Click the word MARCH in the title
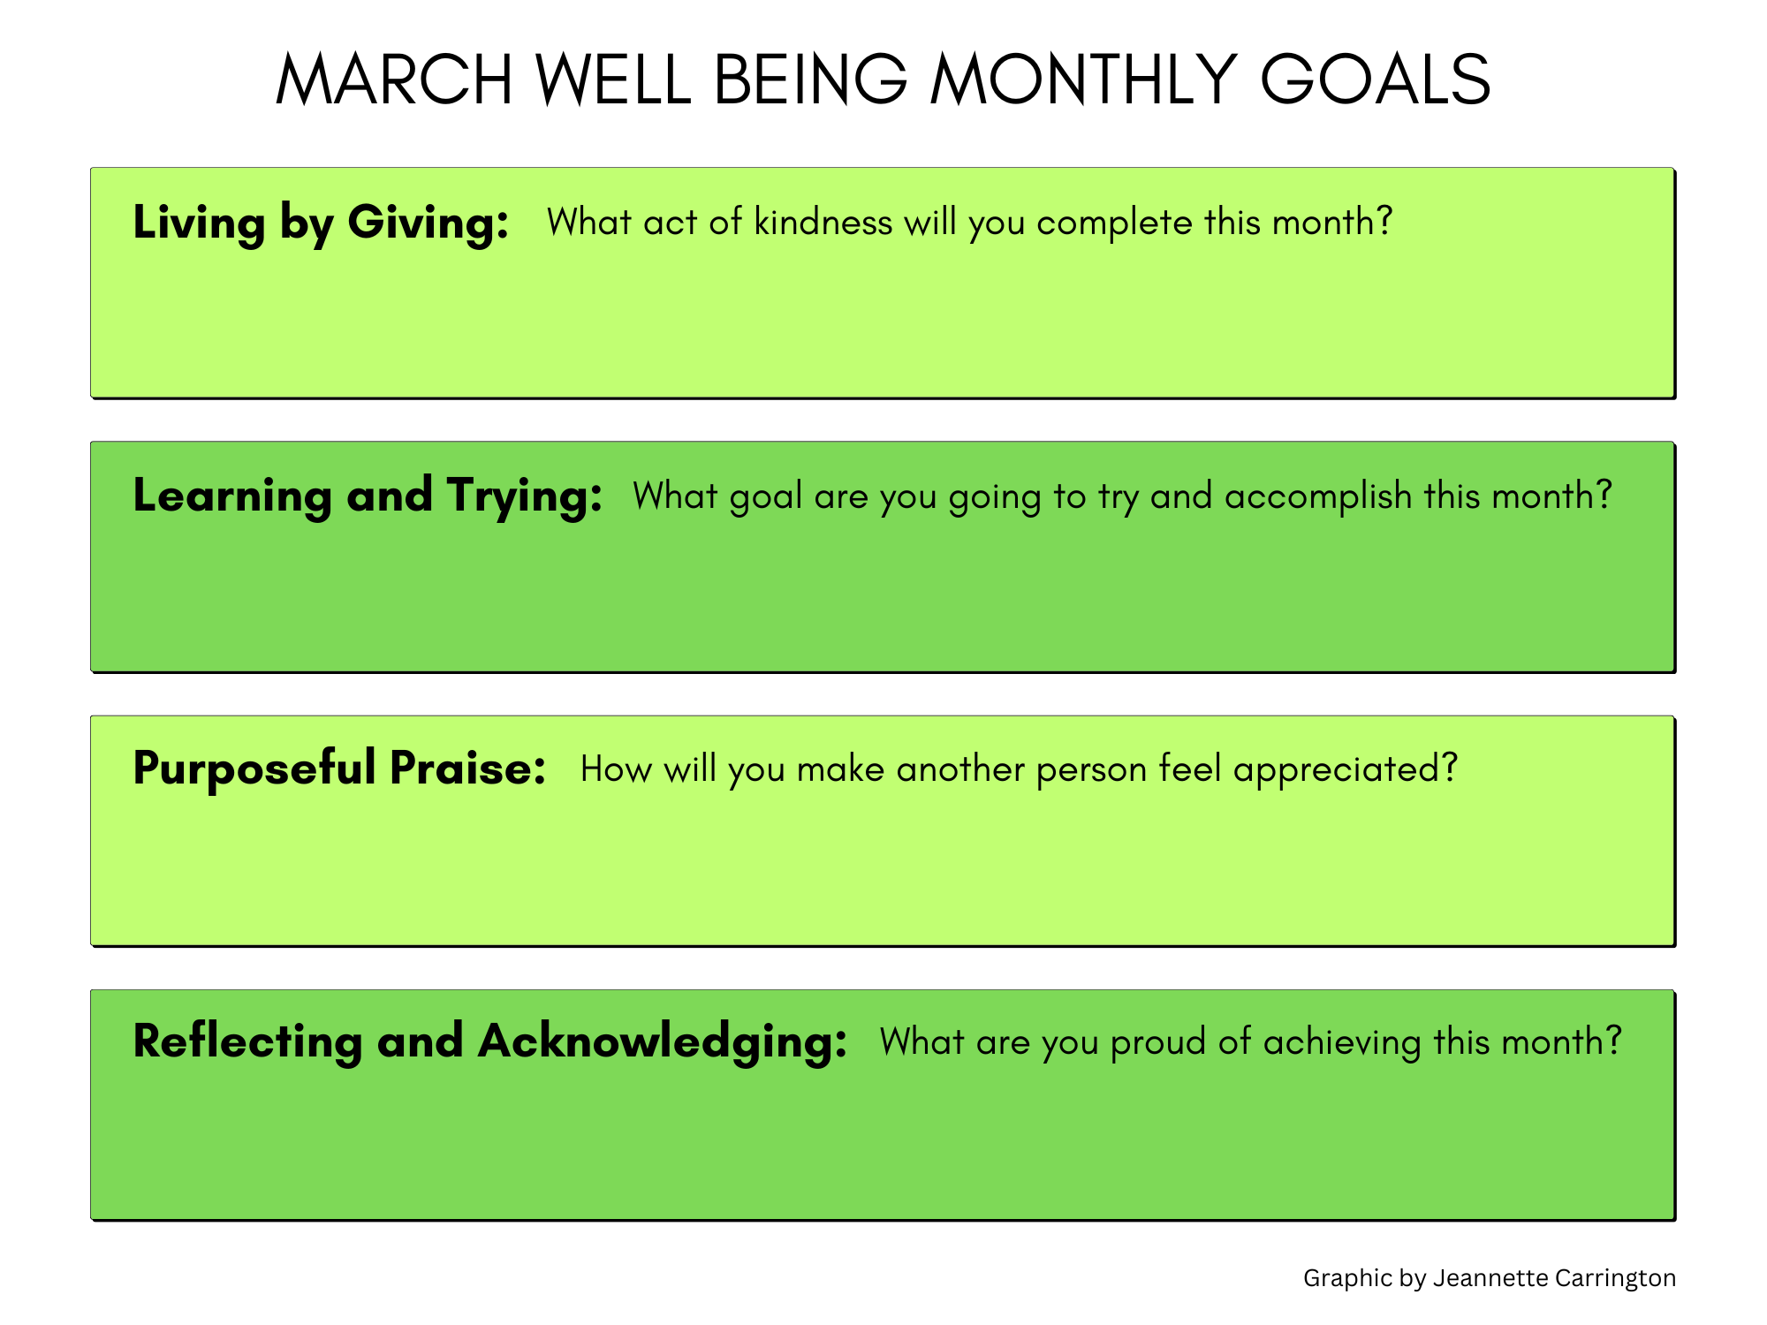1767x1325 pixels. pyautogui.click(x=394, y=79)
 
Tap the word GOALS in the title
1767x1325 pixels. pyautogui.click(x=1375, y=79)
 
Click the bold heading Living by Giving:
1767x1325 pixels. pyautogui.click(x=321, y=223)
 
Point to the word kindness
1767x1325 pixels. pyautogui.click(x=823, y=222)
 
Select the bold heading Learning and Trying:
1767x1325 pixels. pyautogui.click(x=368, y=496)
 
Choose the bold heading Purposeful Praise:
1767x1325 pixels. pyautogui.click(x=339, y=768)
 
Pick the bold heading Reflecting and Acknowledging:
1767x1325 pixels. pyautogui.click(x=490, y=1042)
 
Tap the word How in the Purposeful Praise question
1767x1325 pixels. pyautogui.click(x=617, y=769)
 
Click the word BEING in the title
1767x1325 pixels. pyautogui.click(x=810, y=79)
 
